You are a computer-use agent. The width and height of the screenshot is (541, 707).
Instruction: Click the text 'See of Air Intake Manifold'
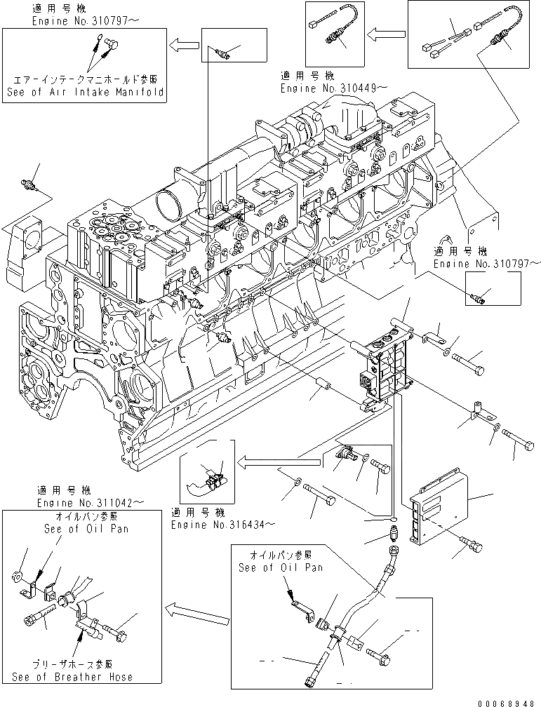tap(84, 91)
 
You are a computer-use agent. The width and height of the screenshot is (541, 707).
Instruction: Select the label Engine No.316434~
tap(222, 523)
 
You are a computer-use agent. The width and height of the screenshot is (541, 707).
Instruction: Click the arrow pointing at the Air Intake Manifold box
tap(185, 46)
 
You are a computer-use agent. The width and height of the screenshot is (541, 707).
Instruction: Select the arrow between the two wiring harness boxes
tap(387, 32)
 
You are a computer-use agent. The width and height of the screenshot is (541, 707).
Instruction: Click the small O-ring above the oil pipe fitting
tap(394, 520)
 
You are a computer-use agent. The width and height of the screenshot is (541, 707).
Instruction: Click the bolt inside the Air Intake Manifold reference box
tap(109, 46)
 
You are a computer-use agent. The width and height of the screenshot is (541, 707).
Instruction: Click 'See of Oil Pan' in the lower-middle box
tap(281, 567)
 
